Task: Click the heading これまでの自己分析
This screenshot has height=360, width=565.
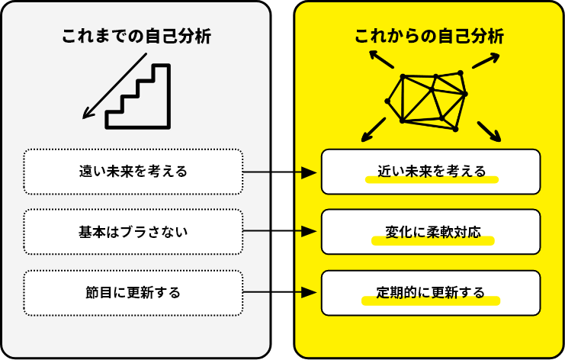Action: click(x=136, y=37)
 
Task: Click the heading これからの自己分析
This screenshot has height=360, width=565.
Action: click(x=429, y=37)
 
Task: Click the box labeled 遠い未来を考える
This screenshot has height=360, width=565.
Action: click(x=133, y=172)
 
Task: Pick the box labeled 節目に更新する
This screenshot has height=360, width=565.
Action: click(x=133, y=292)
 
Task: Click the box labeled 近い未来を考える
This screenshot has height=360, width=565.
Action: click(x=431, y=172)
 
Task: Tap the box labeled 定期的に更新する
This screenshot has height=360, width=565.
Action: click(x=431, y=292)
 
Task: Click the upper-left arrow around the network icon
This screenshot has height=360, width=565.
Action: click(x=379, y=58)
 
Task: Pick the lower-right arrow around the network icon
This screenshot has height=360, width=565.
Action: click(x=490, y=132)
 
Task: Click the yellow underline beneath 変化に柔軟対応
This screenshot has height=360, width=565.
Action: click(x=432, y=241)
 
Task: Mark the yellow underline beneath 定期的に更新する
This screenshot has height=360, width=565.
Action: click(x=431, y=301)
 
